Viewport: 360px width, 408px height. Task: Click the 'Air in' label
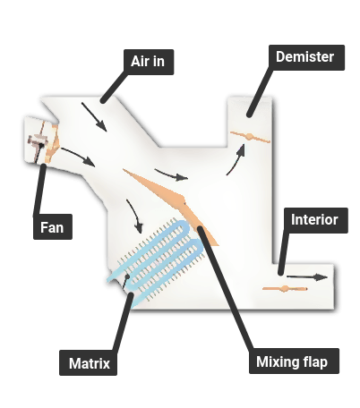[149, 62]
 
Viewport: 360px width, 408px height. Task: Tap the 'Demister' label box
[306, 57]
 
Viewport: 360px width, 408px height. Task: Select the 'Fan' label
[53, 226]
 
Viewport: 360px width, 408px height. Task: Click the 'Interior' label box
[316, 220]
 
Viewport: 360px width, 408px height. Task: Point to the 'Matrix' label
[88, 363]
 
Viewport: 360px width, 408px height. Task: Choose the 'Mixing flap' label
[294, 361]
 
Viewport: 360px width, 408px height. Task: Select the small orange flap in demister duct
[250, 137]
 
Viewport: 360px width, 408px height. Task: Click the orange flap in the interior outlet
[285, 289]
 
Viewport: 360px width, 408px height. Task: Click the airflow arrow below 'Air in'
[94, 116]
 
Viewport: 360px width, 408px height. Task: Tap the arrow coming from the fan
[78, 157]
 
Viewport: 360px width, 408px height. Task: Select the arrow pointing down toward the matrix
[135, 216]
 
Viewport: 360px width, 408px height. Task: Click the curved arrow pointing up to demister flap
[236, 159]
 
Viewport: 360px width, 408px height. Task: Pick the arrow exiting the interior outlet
[307, 277]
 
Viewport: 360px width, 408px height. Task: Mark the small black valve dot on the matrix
[127, 276]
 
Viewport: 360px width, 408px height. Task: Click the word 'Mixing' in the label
[277, 361]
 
